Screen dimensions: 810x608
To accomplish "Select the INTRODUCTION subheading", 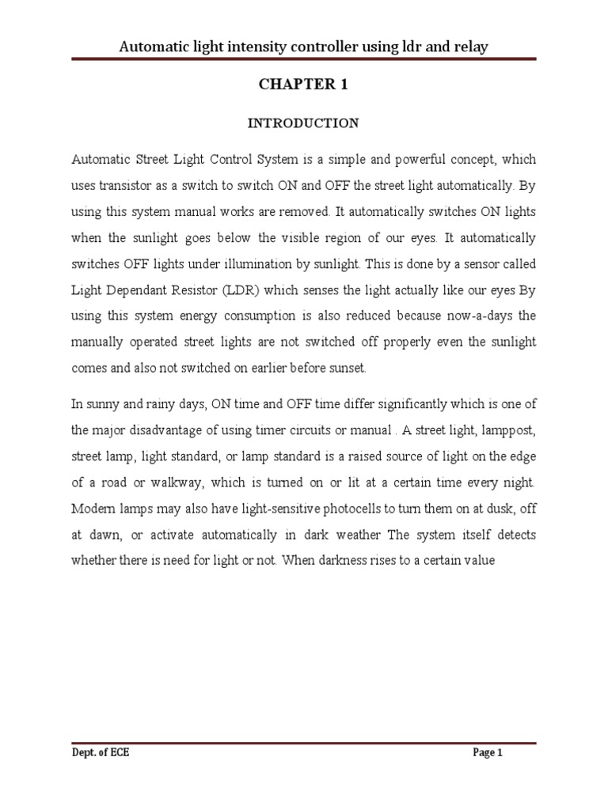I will click(x=303, y=123).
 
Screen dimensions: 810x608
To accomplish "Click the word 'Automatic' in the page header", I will click(x=151, y=47).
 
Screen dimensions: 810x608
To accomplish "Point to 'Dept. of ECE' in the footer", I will click(x=100, y=753).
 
